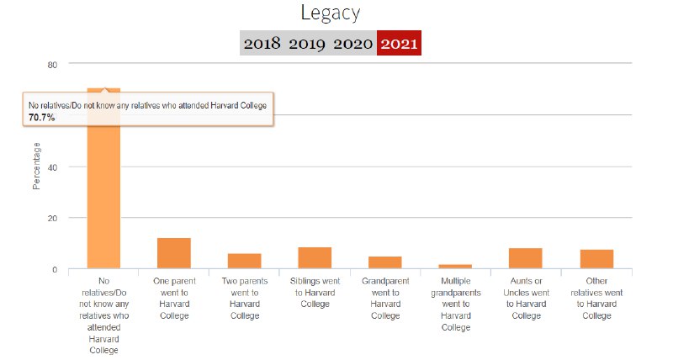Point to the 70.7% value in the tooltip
click(41, 118)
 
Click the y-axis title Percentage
click(36, 167)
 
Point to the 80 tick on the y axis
click(52, 65)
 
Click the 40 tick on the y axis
click(52, 167)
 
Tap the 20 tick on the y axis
click(52, 219)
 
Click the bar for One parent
click(174, 253)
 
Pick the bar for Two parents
click(244, 261)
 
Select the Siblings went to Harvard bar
click(315, 257)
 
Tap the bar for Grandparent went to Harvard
click(384, 262)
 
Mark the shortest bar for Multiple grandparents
click(455, 266)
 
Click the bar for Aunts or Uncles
click(525, 258)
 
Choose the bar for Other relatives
click(596, 259)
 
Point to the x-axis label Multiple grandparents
click(455, 303)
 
